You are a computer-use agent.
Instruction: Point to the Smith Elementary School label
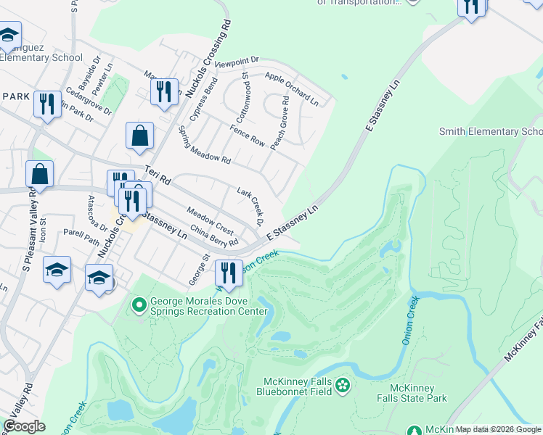491,131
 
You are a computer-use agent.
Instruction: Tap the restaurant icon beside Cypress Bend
164,92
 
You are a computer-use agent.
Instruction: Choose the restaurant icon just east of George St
228,273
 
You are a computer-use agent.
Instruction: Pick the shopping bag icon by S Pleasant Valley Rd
39,175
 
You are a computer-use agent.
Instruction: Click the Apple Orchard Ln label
292,87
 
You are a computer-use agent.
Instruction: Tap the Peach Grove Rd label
280,123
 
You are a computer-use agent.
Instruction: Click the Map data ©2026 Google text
498,429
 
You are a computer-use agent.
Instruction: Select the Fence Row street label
248,136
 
